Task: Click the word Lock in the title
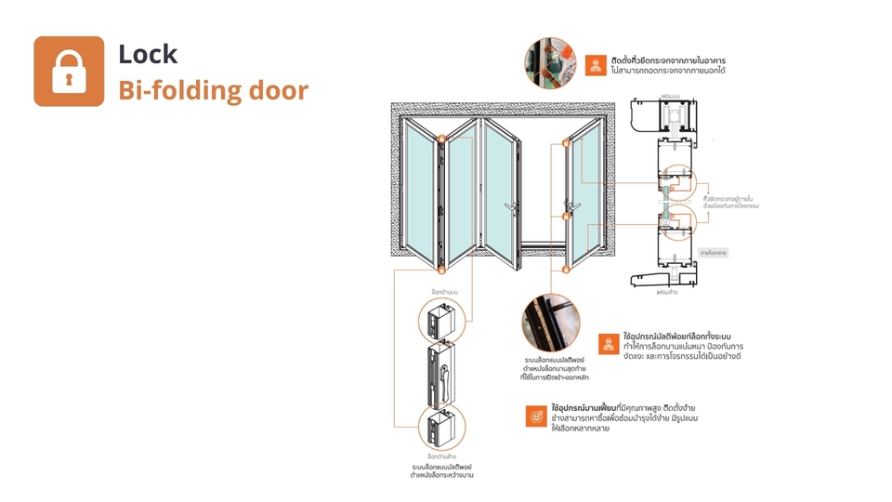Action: coord(148,54)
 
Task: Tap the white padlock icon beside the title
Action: coord(69,72)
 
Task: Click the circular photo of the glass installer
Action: coord(549,61)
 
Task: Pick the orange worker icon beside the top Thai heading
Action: coord(597,66)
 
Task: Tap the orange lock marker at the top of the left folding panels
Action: coord(442,139)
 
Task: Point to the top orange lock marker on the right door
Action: coord(565,142)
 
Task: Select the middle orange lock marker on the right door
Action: coord(565,217)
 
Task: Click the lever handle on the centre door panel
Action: coord(510,206)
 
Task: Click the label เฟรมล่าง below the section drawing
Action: coord(667,292)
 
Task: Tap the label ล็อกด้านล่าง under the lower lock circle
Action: coord(442,456)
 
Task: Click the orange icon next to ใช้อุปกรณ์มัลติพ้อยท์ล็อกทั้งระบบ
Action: coord(609,342)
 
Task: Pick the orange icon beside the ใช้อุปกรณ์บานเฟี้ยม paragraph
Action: coord(536,417)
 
